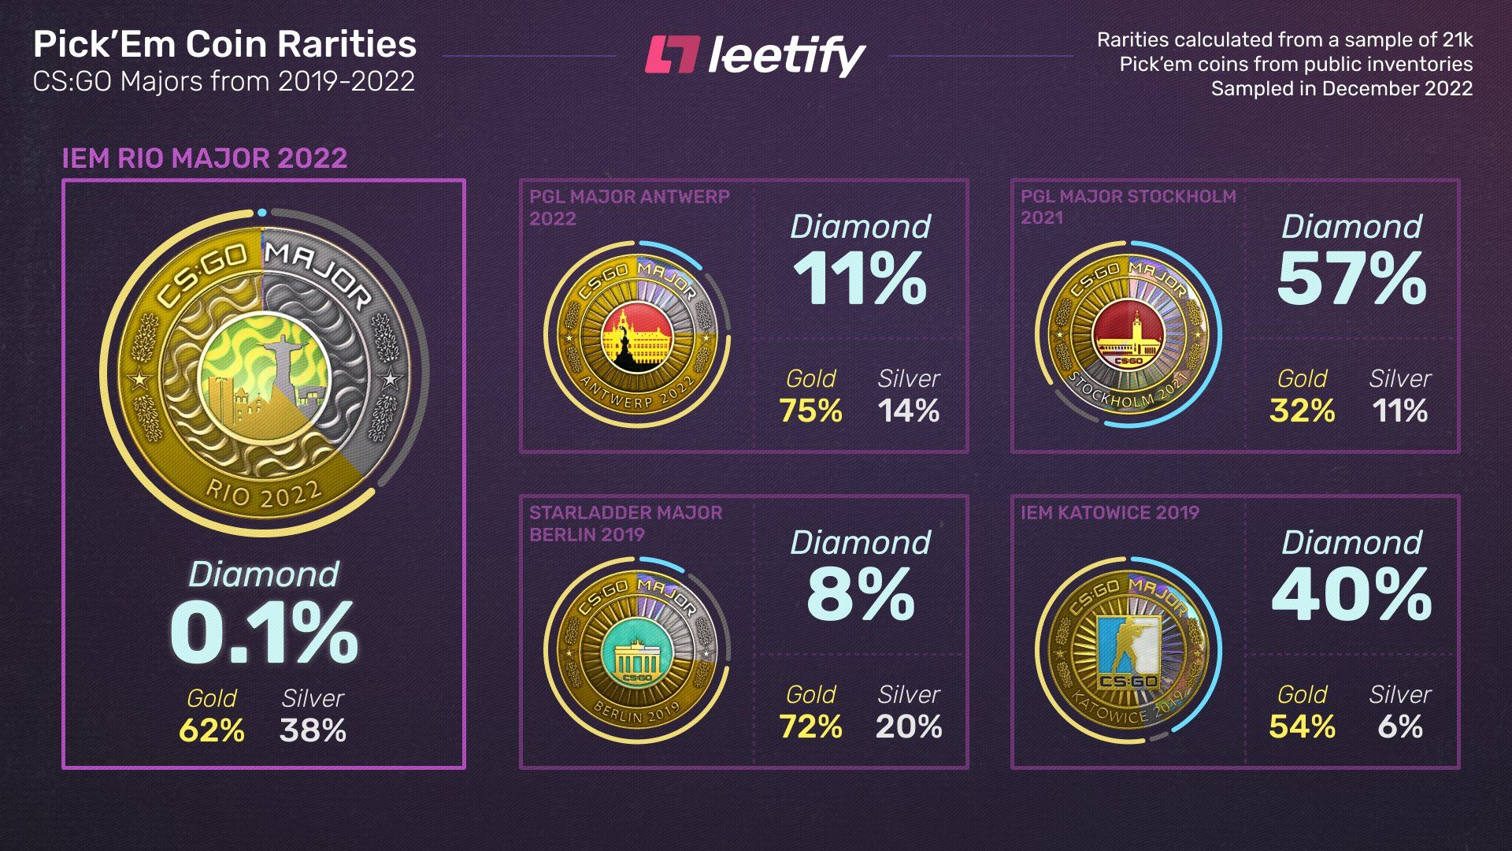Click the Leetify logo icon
[672, 55]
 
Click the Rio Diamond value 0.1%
[264, 634]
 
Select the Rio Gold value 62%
[211, 730]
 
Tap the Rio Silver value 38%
[313, 730]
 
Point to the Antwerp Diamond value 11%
[860, 279]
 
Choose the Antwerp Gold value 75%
[810, 411]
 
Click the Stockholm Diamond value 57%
[1351, 279]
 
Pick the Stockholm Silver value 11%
[1399, 411]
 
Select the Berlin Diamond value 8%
[860, 595]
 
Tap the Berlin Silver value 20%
[909, 727]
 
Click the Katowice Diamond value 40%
[1351, 595]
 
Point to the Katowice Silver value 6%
[1399, 727]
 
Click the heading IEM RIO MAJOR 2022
[205, 158]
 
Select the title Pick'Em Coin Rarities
[224, 45]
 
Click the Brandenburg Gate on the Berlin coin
[636, 657]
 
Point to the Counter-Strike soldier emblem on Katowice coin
[1128, 646]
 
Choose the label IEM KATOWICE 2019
[1110, 513]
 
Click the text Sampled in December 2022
[1341, 88]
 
